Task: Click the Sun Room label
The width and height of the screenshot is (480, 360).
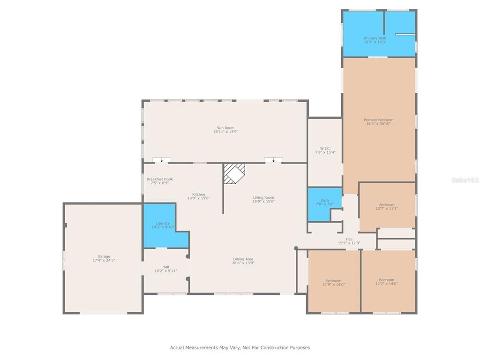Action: pyautogui.click(x=225, y=128)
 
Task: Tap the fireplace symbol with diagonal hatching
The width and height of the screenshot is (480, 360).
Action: pyautogui.click(x=234, y=173)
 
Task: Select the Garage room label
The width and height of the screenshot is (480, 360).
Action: pyautogui.click(x=104, y=256)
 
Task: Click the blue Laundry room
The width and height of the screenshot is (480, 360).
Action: pyautogui.click(x=162, y=225)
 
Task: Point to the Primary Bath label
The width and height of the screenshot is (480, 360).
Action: pyautogui.click(x=375, y=38)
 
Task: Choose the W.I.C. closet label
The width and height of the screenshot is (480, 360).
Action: pyautogui.click(x=325, y=149)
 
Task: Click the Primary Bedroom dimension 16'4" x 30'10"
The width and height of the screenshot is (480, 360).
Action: pyautogui.click(x=378, y=124)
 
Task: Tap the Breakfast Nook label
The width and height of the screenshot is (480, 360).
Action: pyautogui.click(x=159, y=179)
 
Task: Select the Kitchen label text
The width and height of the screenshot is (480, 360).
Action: pyautogui.click(x=199, y=195)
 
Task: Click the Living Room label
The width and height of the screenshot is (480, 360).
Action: pyautogui.click(x=263, y=197)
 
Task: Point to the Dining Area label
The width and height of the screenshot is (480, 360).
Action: pyautogui.click(x=243, y=259)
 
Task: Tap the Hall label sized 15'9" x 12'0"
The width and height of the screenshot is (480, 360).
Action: pyautogui.click(x=349, y=239)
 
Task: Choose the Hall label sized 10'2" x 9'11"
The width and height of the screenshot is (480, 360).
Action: pyautogui.click(x=165, y=267)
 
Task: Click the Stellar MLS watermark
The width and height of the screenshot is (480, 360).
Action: pyautogui.click(x=464, y=180)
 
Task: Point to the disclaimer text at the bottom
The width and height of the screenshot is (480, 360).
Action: pyautogui.click(x=240, y=348)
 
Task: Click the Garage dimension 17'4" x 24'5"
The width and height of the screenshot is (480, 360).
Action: pyautogui.click(x=104, y=260)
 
